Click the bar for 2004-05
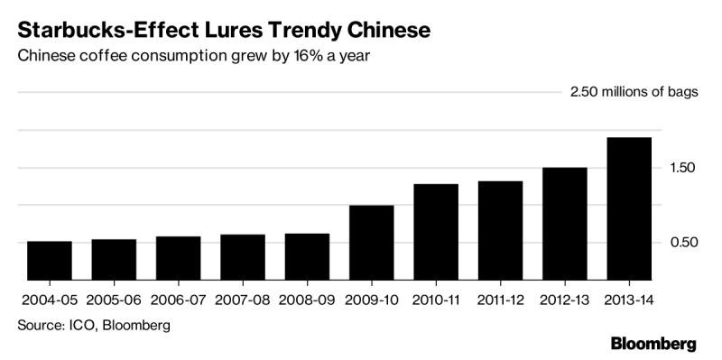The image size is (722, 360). coord(50,260)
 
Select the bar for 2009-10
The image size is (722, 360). coord(372,242)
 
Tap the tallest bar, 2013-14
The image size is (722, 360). coord(629,208)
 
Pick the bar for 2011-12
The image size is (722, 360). coord(501,230)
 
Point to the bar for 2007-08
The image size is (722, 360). coord(243,257)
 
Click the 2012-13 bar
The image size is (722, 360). coord(565,223)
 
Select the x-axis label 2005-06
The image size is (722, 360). coord(115,300)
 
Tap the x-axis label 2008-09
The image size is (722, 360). coord(307,300)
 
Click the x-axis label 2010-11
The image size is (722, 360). coord(436,300)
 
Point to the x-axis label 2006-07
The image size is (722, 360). coord(178,300)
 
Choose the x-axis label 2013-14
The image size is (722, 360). coord(629,300)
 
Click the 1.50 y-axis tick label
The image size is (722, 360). coord(681,168)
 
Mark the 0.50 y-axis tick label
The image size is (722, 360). coord(681,242)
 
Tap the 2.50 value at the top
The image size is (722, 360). coord(584,92)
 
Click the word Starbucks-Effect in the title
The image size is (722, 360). coord(103,31)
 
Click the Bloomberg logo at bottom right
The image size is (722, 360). coord(653,344)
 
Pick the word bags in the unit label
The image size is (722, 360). coord(683,93)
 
